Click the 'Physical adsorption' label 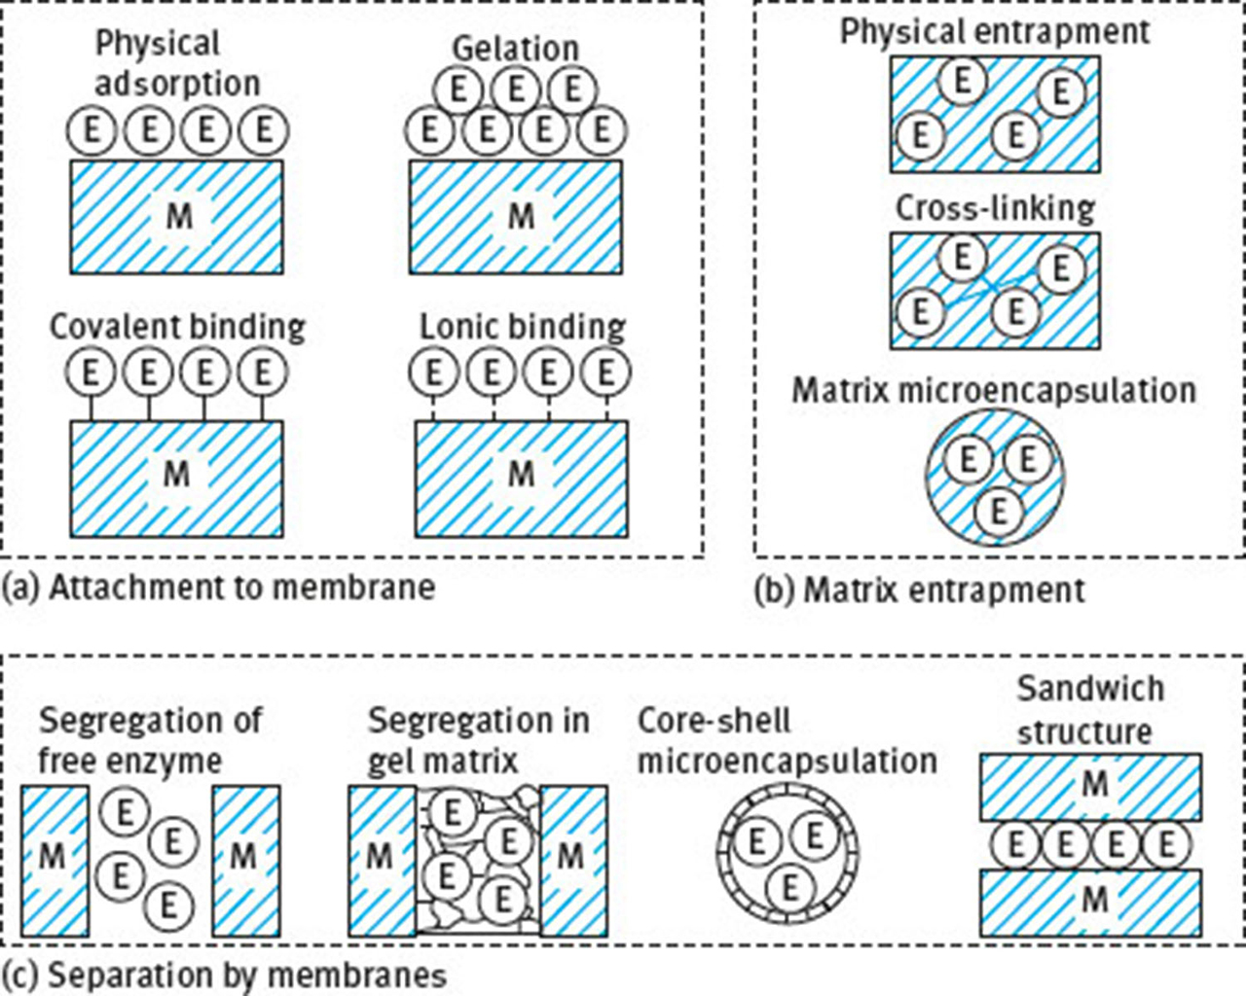(176, 63)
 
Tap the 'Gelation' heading (515, 48)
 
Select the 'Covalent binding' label (177, 327)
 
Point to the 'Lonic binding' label (522, 327)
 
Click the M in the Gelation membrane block (522, 216)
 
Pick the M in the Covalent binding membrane (176, 474)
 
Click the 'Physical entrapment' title (994, 31)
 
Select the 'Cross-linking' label (995, 208)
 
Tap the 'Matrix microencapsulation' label (994, 390)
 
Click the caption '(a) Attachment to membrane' (218, 587)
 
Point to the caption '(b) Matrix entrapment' (919, 590)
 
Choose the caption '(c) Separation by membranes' (224, 975)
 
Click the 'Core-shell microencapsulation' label (787, 740)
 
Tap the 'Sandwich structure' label (1089, 709)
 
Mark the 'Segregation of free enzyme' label (150, 740)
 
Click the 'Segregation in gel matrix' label (478, 740)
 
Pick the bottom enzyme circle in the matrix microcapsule (997, 511)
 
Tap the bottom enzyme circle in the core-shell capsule (789, 886)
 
